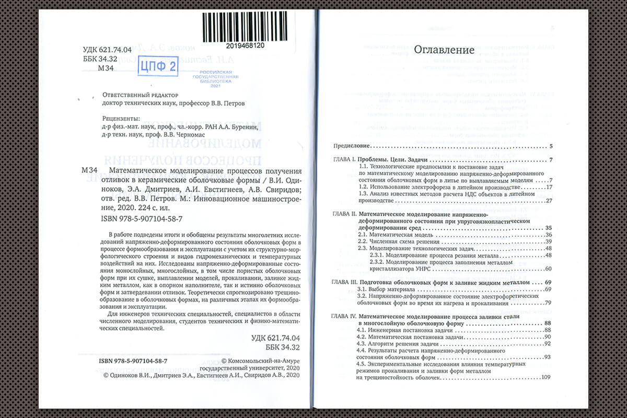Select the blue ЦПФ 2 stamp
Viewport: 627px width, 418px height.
(157, 67)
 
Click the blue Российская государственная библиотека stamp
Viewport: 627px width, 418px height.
(219, 78)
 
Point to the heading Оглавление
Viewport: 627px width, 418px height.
(444, 50)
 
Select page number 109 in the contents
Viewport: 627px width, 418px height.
(547, 377)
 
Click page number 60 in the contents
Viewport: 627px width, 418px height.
(548, 269)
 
